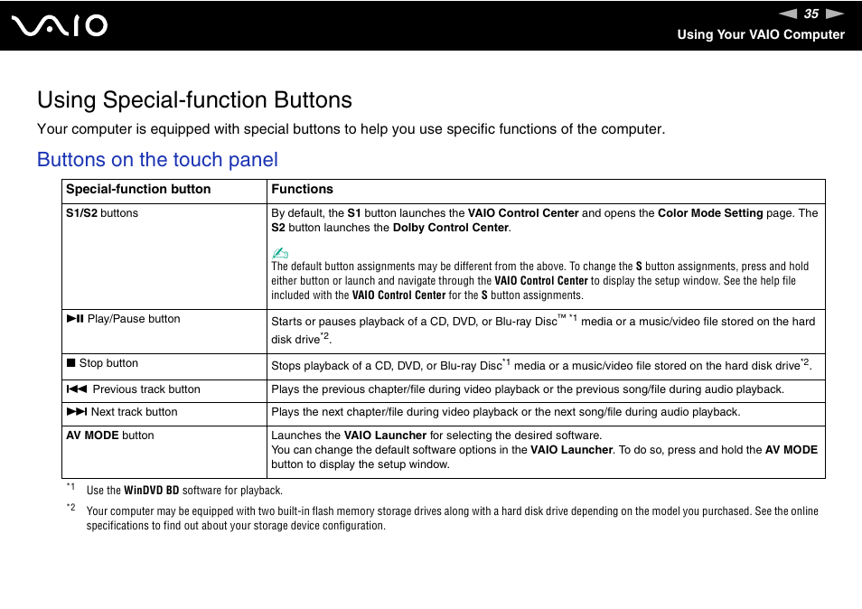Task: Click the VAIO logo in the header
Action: [61, 25]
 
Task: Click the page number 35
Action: [810, 14]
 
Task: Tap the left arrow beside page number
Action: [788, 14]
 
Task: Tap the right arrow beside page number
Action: [834, 14]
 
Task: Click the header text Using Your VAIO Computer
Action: [760, 34]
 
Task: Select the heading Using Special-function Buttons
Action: [194, 99]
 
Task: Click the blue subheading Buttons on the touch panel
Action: [157, 160]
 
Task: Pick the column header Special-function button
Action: [138, 190]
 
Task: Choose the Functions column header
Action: [302, 190]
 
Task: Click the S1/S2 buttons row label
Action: [102, 213]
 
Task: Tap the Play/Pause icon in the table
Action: [74, 319]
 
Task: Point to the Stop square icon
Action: [70, 363]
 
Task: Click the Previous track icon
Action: [76, 389]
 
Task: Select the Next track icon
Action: [76, 412]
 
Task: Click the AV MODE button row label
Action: [109, 436]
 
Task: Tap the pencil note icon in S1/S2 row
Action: [279, 253]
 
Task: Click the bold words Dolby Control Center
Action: [450, 228]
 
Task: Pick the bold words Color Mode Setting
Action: [710, 213]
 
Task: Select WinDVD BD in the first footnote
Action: [151, 491]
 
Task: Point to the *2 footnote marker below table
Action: [70, 508]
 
